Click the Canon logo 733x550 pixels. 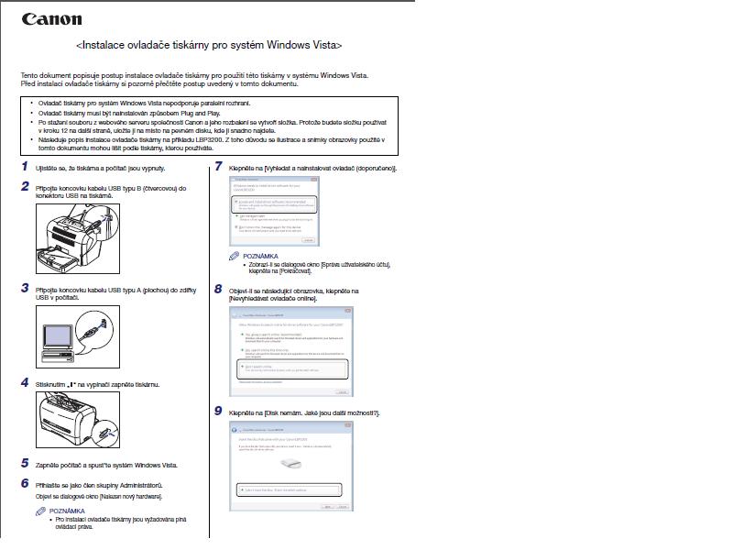click(51, 19)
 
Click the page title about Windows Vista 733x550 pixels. click(210, 44)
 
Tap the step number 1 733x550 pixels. click(25, 167)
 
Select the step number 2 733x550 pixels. click(25, 186)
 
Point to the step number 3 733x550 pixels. click(25, 288)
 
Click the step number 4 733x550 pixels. click(25, 382)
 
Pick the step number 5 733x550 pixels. click(25, 464)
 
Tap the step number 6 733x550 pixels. click(25, 482)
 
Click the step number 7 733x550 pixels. click(218, 167)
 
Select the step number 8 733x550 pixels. click(218, 289)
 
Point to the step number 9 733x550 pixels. click(218, 412)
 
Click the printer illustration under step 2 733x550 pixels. click(77, 240)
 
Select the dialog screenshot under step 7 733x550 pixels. click(273, 212)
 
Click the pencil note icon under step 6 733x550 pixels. click(40, 511)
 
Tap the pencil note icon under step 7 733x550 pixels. click(235, 256)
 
